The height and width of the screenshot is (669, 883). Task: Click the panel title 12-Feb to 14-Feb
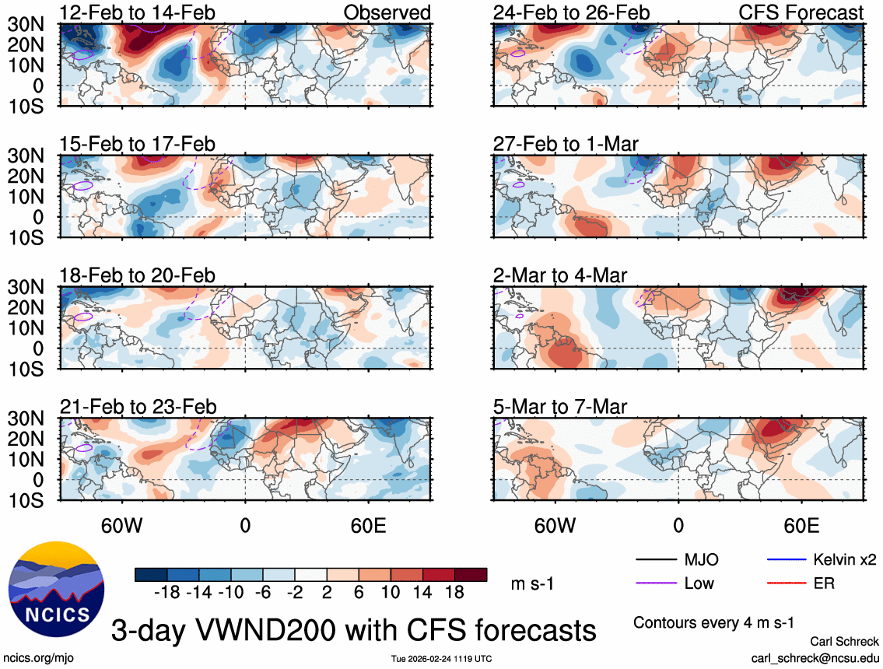click(138, 12)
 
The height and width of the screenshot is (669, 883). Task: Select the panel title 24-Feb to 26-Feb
click(572, 12)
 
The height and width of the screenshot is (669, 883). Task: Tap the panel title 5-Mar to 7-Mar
click(560, 407)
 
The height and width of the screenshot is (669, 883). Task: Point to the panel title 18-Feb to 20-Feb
click(138, 275)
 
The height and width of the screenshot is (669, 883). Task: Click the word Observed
click(387, 12)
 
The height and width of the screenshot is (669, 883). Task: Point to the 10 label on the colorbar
click(390, 592)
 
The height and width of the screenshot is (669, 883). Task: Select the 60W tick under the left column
click(121, 526)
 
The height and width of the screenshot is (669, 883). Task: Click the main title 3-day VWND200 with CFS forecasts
click(354, 629)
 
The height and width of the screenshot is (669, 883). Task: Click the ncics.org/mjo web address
click(37, 658)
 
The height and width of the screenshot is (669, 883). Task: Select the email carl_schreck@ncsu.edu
click(815, 657)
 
